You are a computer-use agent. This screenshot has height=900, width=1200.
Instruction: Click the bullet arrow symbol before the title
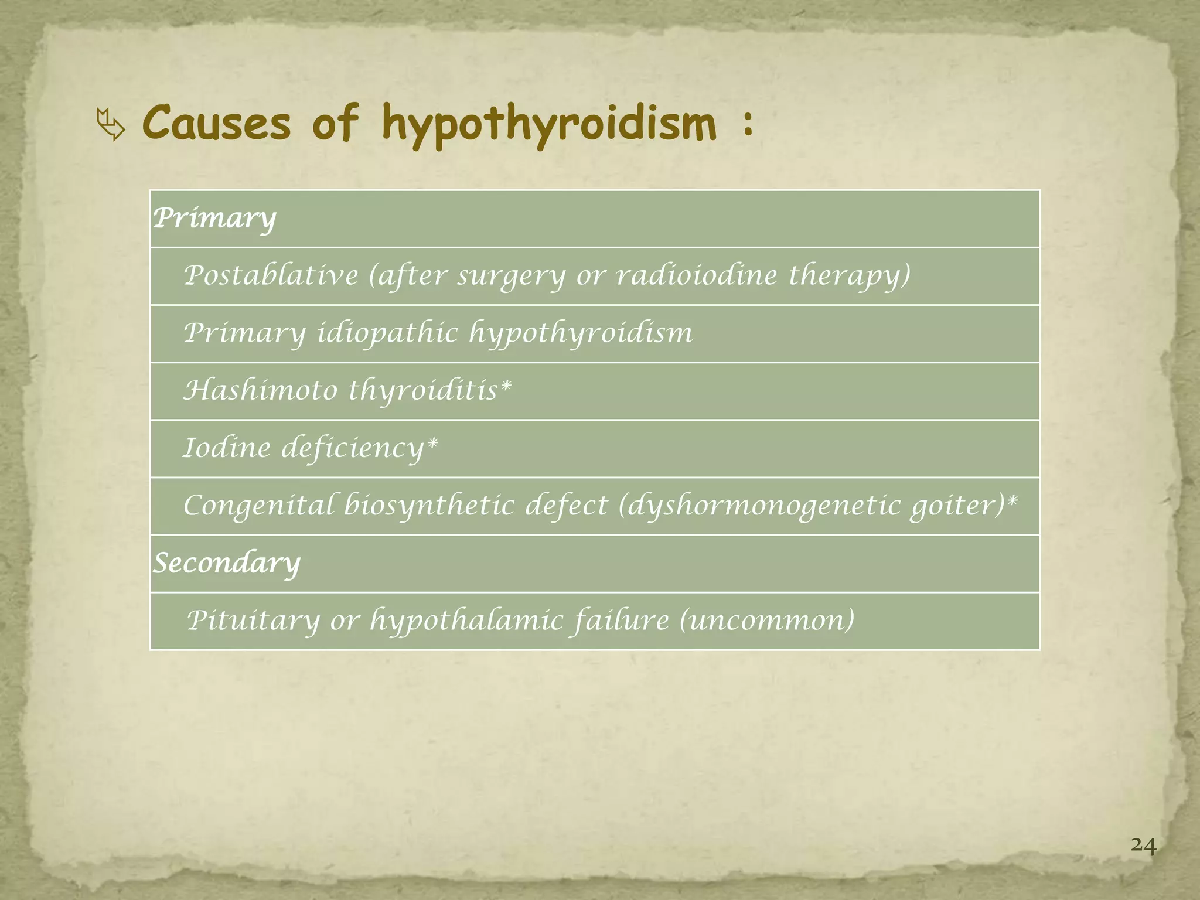click(x=111, y=124)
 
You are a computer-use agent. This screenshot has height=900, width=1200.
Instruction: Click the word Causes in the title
click(x=216, y=123)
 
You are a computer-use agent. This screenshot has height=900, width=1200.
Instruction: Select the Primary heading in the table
click(x=214, y=219)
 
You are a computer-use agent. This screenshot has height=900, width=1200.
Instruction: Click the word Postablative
click(x=271, y=275)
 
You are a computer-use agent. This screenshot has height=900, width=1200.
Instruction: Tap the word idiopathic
click(x=387, y=333)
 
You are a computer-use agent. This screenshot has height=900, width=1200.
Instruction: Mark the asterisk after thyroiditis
click(x=506, y=386)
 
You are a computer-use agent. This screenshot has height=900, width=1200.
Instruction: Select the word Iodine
click(x=226, y=448)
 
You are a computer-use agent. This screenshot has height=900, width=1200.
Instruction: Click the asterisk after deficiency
click(x=432, y=444)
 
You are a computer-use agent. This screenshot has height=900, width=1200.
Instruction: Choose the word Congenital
click(x=258, y=506)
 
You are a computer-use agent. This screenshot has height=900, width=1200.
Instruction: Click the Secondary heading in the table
click(x=227, y=563)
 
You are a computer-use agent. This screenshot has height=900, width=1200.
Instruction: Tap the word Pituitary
click(x=253, y=621)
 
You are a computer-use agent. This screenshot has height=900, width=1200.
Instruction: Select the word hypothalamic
click(x=466, y=621)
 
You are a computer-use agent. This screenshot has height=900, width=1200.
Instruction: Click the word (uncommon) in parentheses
click(x=767, y=621)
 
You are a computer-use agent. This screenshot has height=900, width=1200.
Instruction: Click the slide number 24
click(x=1143, y=846)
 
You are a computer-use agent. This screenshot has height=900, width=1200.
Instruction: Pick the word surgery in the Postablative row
click(x=511, y=276)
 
